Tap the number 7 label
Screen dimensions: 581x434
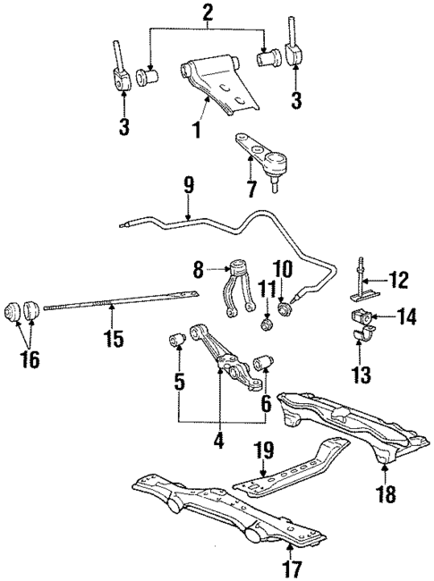pyautogui.click(x=251, y=189)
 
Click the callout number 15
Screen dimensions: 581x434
pyautogui.click(x=112, y=339)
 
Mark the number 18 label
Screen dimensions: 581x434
pyautogui.click(x=384, y=493)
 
